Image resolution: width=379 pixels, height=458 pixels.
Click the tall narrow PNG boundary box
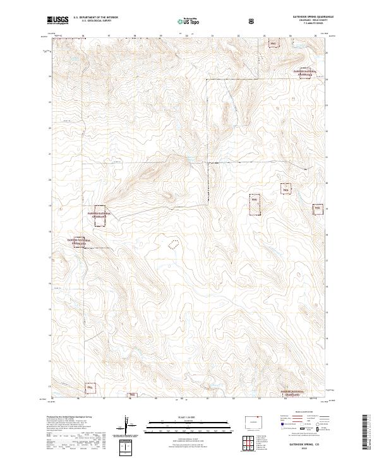(x=255, y=206)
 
